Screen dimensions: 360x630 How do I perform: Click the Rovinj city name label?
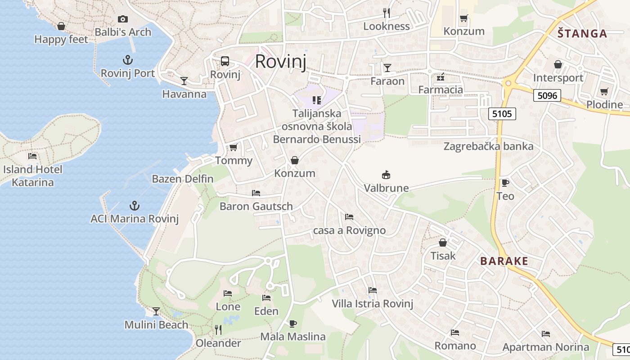tap(280, 62)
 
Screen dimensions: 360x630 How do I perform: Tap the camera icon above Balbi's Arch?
tap(122, 19)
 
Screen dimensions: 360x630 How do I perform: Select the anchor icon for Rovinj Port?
tap(128, 60)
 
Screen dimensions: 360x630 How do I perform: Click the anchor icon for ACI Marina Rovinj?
tap(134, 206)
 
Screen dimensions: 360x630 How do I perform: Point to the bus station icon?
tap(225, 61)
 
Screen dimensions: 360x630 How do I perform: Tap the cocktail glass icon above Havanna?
tap(184, 81)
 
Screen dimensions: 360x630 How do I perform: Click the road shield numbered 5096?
tap(547, 95)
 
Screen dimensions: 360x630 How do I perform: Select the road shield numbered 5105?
tap(502, 114)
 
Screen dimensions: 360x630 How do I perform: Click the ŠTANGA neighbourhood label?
tap(582, 33)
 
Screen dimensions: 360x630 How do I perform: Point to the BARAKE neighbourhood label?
tap(504, 261)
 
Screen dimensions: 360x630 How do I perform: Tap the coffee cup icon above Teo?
tap(505, 183)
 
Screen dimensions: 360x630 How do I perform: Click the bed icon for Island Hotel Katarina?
tap(32, 156)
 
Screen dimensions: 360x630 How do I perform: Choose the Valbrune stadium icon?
tap(386, 175)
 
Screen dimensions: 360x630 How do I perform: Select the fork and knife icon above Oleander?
tap(218, 330)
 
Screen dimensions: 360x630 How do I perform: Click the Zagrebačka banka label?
tap(488, 146)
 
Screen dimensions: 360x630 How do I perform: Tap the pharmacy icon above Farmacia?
tap(440, 77)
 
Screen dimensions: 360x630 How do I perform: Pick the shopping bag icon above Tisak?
tap(443, 243)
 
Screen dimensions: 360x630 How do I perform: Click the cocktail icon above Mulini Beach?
tap(156, 311)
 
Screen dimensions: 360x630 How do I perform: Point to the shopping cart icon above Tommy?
tap(233, 148)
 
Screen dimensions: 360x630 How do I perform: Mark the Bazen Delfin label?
tap(183, 179)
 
